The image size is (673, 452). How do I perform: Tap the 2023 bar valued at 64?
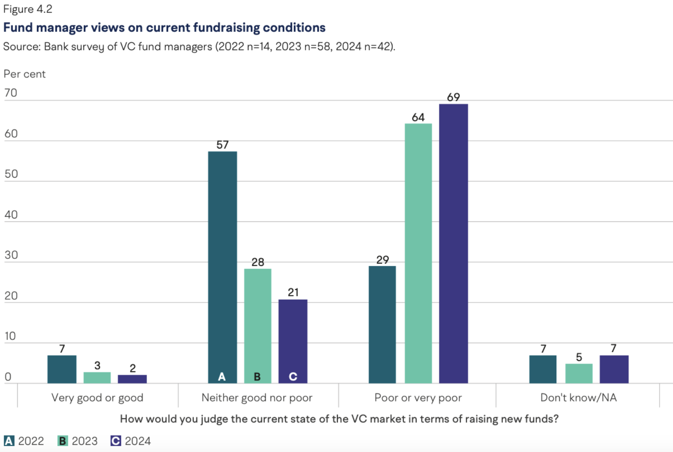418,253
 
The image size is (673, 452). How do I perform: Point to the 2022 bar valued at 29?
382,324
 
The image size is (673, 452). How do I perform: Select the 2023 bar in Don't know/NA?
579,373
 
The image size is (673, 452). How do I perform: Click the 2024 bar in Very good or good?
132,379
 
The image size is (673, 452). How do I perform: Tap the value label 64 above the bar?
418,117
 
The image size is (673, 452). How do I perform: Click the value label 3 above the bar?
97,365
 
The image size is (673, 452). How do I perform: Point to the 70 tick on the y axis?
11,93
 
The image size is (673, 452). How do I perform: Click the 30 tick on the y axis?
11,255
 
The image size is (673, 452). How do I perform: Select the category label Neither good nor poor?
257,398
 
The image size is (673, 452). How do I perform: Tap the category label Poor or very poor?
418,398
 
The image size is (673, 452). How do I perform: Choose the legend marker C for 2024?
115,441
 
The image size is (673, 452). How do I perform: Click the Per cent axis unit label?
24,74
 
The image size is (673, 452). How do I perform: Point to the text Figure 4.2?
28,9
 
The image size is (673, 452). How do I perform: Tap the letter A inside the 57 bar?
222,377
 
